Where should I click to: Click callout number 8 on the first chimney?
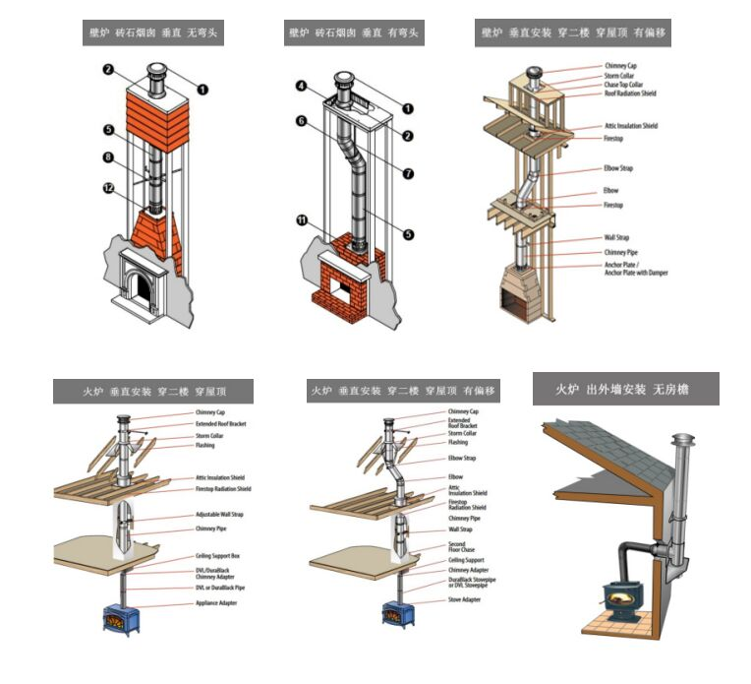tap(109, 156)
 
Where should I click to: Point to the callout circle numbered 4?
tap(302, 87)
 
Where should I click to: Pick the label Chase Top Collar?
tap(625, 86)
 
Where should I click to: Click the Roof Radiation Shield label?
tap(630, 94)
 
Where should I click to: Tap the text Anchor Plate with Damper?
tap(636, 273)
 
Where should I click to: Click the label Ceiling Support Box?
tap(217, 556)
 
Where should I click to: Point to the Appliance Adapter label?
tap(216, 601)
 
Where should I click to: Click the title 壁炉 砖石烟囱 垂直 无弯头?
tap(152, 32)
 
